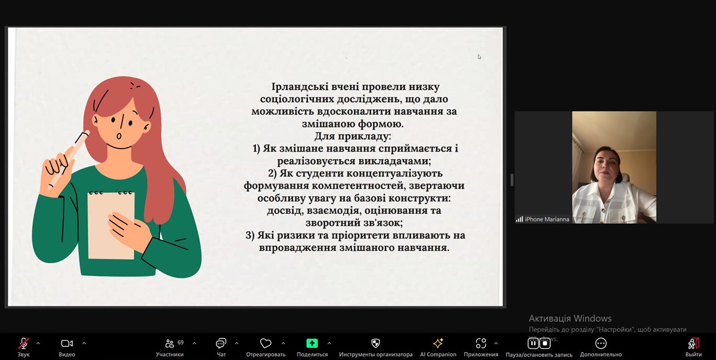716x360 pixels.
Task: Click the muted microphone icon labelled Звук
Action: point(23,343)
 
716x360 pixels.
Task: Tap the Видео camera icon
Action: point(67,343)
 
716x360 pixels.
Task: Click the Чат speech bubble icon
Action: point(221,343)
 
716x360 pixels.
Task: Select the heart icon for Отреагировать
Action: point(266,343)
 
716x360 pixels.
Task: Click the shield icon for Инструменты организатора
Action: point(375,343)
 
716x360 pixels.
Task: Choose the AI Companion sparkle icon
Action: point(438,343)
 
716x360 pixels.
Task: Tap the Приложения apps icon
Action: point(481,343)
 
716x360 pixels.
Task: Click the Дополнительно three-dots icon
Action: point(601,343)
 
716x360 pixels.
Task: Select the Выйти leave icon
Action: point(693,343)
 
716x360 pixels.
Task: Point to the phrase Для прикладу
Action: point(353,136)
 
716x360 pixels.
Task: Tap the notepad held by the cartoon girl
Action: point(111,225)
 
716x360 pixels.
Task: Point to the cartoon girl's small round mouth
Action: point(119,136)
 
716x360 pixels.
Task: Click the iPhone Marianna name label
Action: point(547,219)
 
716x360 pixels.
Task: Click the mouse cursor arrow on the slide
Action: point(479,57)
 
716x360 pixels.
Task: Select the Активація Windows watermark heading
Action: point(570,318)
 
